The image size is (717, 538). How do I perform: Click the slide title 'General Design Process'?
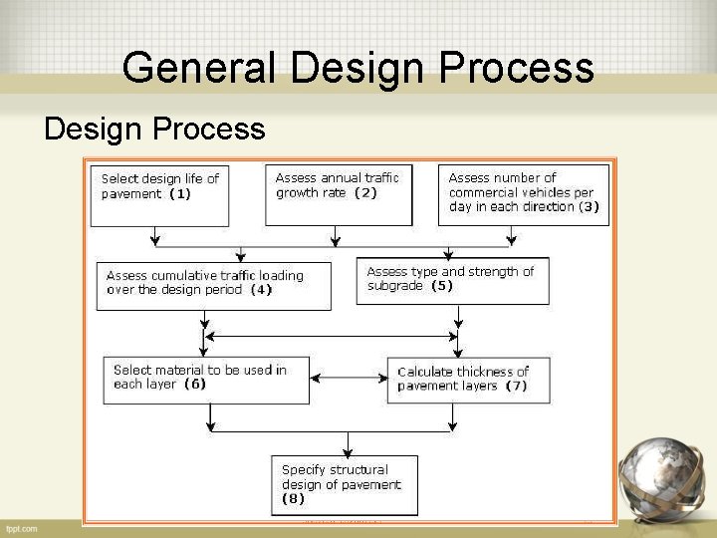358,69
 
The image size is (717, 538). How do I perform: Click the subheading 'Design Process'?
154,130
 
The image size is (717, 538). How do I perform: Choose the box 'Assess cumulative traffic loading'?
214,284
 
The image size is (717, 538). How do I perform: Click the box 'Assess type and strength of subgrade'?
452,280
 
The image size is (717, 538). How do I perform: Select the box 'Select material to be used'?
206,380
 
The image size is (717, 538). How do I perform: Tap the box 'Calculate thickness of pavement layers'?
469,380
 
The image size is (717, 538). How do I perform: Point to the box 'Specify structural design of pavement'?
345,485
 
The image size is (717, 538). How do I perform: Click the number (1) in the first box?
180,194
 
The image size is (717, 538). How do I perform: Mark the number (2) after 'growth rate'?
365,192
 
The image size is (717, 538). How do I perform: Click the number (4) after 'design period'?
261,290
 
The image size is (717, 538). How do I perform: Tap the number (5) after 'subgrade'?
441,286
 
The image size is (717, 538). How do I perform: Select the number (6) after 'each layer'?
195,384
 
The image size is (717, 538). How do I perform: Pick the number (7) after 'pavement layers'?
516,386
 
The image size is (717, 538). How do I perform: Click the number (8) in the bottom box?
294,498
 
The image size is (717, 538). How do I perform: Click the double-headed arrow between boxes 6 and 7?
349,378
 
